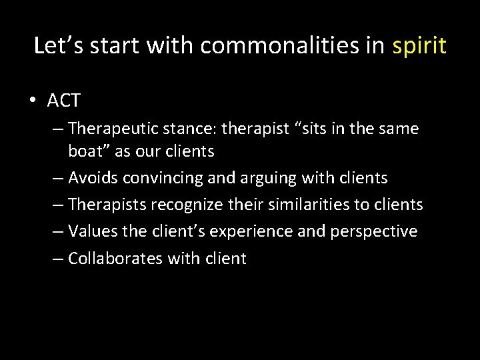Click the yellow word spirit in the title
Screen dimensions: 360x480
419,46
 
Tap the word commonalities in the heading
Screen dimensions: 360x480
292,46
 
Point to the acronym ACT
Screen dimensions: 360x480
63,101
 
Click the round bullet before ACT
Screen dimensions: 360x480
33,101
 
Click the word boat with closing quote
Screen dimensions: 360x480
90,151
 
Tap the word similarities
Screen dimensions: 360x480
310,205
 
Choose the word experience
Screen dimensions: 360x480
258,231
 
